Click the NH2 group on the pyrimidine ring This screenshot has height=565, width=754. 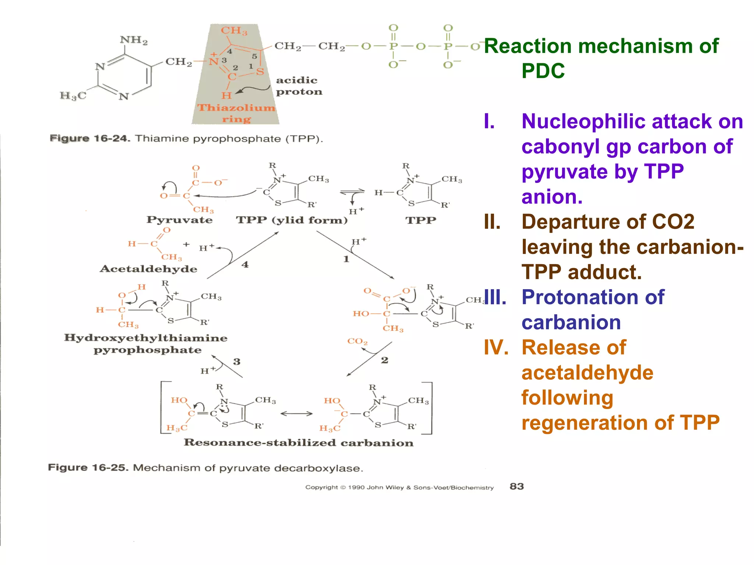click(x=134, y=40)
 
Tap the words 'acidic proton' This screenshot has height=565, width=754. click(x=299, y=86)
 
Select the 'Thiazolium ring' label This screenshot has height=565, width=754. click(x=236, y=113)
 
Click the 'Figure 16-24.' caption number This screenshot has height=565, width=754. click(x=90, y=139)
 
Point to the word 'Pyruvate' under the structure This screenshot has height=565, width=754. click(x=179, y=220)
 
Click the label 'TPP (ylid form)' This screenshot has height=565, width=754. click(x=292, y=220)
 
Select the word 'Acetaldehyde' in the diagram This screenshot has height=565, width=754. click(x=148, y=269)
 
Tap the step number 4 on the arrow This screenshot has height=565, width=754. click(x=245, y=264)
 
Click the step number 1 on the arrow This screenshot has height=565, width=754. click(x=346, y=259)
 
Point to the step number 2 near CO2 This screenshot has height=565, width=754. click(x=384, y=360)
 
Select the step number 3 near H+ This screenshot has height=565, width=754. click(x=237, y=362)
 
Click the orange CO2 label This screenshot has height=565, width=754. click(x=357, y=341)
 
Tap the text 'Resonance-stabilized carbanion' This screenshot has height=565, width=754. click(x=298, y=443)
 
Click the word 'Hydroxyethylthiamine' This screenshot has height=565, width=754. click(x=146, y=338)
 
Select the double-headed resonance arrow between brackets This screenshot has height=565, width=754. click(x=296, y=414)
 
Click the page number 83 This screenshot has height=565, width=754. click(x=517, y=486)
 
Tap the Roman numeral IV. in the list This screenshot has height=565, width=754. click(x=496, y=348)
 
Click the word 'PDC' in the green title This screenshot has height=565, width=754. click(x=543, y=71)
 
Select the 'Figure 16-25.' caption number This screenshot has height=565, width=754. click(x=88, y=468)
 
